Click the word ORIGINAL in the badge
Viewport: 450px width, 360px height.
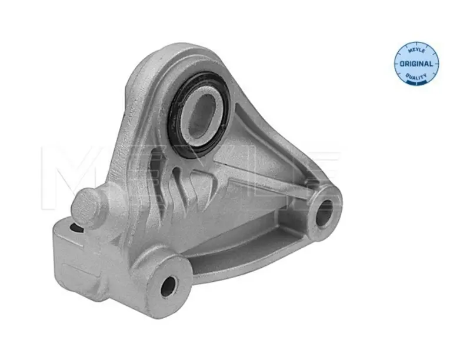(416, 64)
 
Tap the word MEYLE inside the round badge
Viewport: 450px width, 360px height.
(416, 51)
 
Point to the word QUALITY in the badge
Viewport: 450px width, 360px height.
(416, 76)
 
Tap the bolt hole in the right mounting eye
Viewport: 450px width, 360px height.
(324, 212)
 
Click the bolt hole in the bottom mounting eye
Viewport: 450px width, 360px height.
(169, 286)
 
